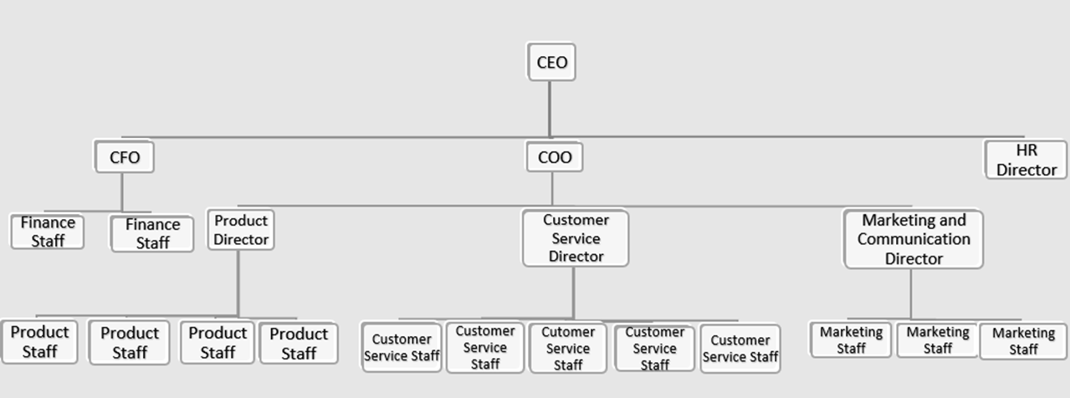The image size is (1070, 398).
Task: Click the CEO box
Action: [551, 62]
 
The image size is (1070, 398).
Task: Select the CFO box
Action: [125, 157]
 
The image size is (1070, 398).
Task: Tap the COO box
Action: [555, 157]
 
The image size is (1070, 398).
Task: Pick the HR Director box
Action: [1026, 160]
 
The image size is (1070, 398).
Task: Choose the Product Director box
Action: [241, 230]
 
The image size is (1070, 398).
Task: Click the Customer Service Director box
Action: [576, 238]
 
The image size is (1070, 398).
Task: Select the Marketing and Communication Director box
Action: [914, 239]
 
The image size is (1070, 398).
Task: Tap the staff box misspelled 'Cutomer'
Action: [568, 348]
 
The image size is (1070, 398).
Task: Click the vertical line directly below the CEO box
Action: [550, 109]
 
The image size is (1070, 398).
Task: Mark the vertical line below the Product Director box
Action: [238, 284]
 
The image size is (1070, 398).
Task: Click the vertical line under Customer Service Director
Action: [573, 293]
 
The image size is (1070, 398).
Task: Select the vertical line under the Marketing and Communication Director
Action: [911, 293]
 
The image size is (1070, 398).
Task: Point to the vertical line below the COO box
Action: [552, 188]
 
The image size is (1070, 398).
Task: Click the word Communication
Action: [914, 239]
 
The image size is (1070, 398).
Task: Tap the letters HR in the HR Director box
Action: [1026, 151]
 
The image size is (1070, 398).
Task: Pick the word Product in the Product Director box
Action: [241, 221]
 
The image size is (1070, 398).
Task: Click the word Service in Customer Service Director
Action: [576, 238]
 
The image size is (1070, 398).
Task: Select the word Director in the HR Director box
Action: [1026, 170]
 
